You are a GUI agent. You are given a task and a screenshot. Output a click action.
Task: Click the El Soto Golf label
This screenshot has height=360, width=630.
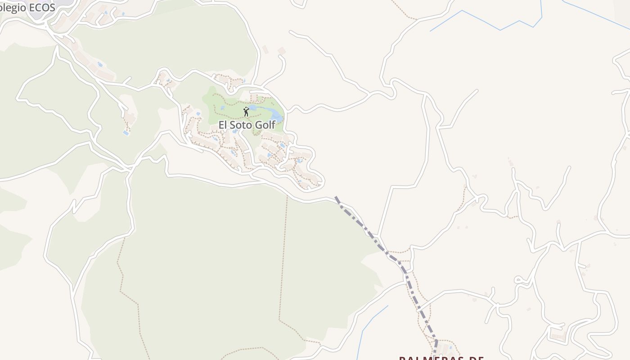tap(247, 125)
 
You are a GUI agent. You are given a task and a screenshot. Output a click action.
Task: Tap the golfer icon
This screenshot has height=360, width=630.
tap(246, 112)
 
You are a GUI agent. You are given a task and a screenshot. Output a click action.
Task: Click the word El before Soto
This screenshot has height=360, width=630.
tap(223, 125)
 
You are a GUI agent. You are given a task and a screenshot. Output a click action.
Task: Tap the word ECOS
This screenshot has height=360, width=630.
tap(41, 8)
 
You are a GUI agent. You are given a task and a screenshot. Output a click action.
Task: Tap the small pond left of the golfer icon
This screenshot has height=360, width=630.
tap(222, 108)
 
